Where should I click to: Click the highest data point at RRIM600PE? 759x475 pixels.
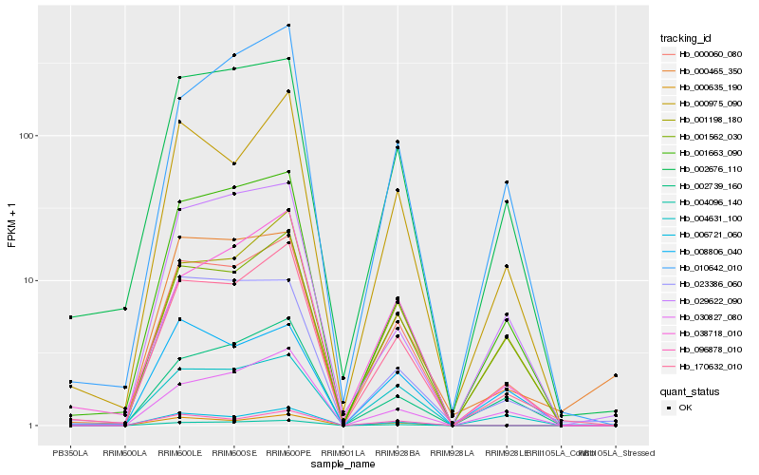pos(288,26)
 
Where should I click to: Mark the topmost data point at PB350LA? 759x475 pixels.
pos(70,317)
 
